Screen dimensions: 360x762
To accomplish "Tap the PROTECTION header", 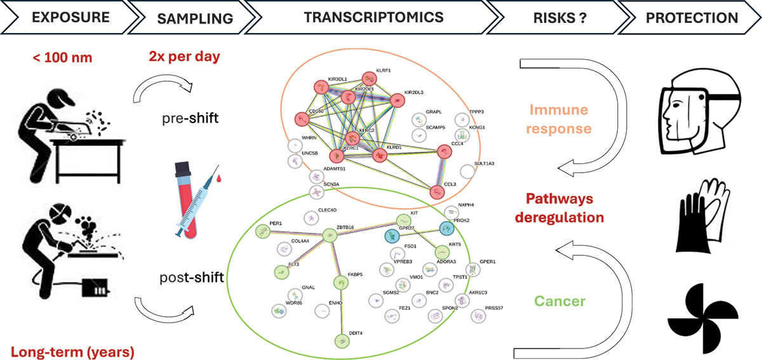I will point(692,18).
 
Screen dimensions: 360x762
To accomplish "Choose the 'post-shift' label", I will point(194,278).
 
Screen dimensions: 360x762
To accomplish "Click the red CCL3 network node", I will point(436,192).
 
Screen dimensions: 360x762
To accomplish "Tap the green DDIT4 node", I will point(342,340).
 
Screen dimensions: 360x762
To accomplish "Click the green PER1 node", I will point(261,231).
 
